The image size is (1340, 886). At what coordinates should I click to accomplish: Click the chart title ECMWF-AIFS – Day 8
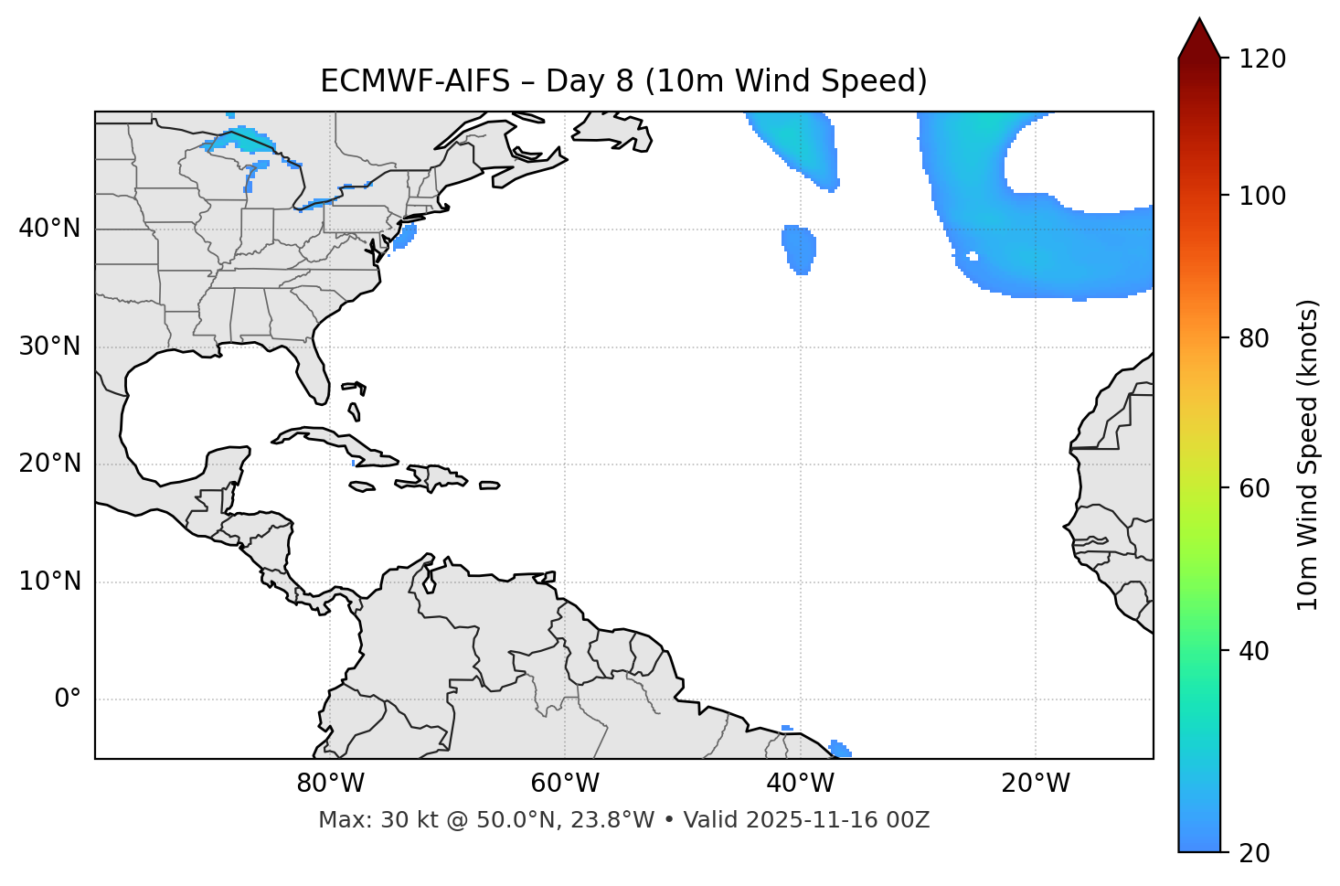(623, 81)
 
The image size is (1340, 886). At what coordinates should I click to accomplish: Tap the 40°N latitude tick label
(49, 229)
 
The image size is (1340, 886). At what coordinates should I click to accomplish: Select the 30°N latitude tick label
(49, 347)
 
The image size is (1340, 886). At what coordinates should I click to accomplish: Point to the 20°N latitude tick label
(49, 464)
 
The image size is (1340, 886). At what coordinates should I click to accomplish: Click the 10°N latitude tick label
(49, 582)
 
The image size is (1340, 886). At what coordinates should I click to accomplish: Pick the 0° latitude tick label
(68, 699)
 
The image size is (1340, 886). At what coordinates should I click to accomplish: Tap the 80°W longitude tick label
(330, 784)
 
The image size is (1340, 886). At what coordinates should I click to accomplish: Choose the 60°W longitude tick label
(565, 784)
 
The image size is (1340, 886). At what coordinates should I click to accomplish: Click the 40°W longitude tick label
(800, 784)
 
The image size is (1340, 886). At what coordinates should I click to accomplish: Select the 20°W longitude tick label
(1035, 784)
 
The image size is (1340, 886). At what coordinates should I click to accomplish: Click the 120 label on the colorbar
(1264, 59)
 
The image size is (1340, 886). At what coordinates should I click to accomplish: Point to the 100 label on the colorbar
(1264, 196)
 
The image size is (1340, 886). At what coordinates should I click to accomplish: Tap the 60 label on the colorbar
(1258, 488)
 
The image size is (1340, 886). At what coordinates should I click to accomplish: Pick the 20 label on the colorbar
(1258, 852)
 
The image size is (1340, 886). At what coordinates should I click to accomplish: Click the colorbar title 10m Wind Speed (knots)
(1308, 454)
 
